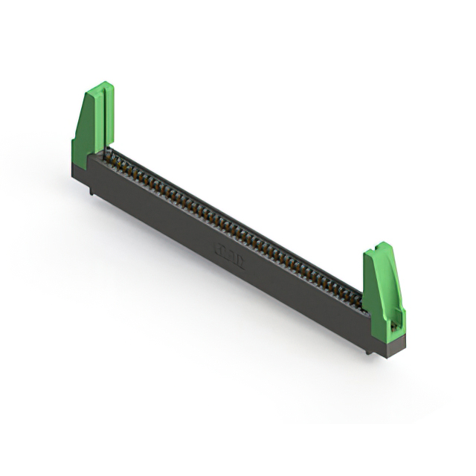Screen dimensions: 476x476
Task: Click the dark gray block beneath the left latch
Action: (x=79, y=168)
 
